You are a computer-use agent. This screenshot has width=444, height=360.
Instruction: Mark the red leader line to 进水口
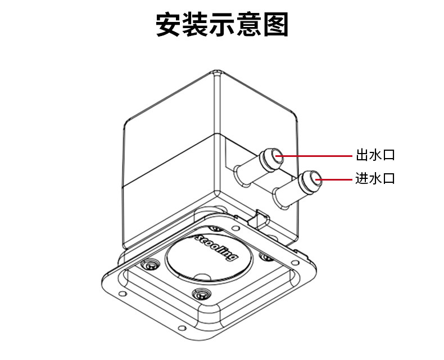point(337,179)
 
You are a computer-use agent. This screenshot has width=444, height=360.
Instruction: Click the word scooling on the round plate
point(216,248)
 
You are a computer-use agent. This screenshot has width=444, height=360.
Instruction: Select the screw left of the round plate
point(150,264)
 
